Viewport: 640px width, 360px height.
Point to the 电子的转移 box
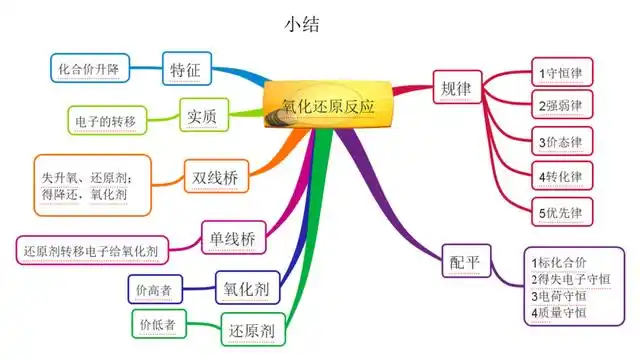105,121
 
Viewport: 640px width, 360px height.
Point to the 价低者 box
158,324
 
